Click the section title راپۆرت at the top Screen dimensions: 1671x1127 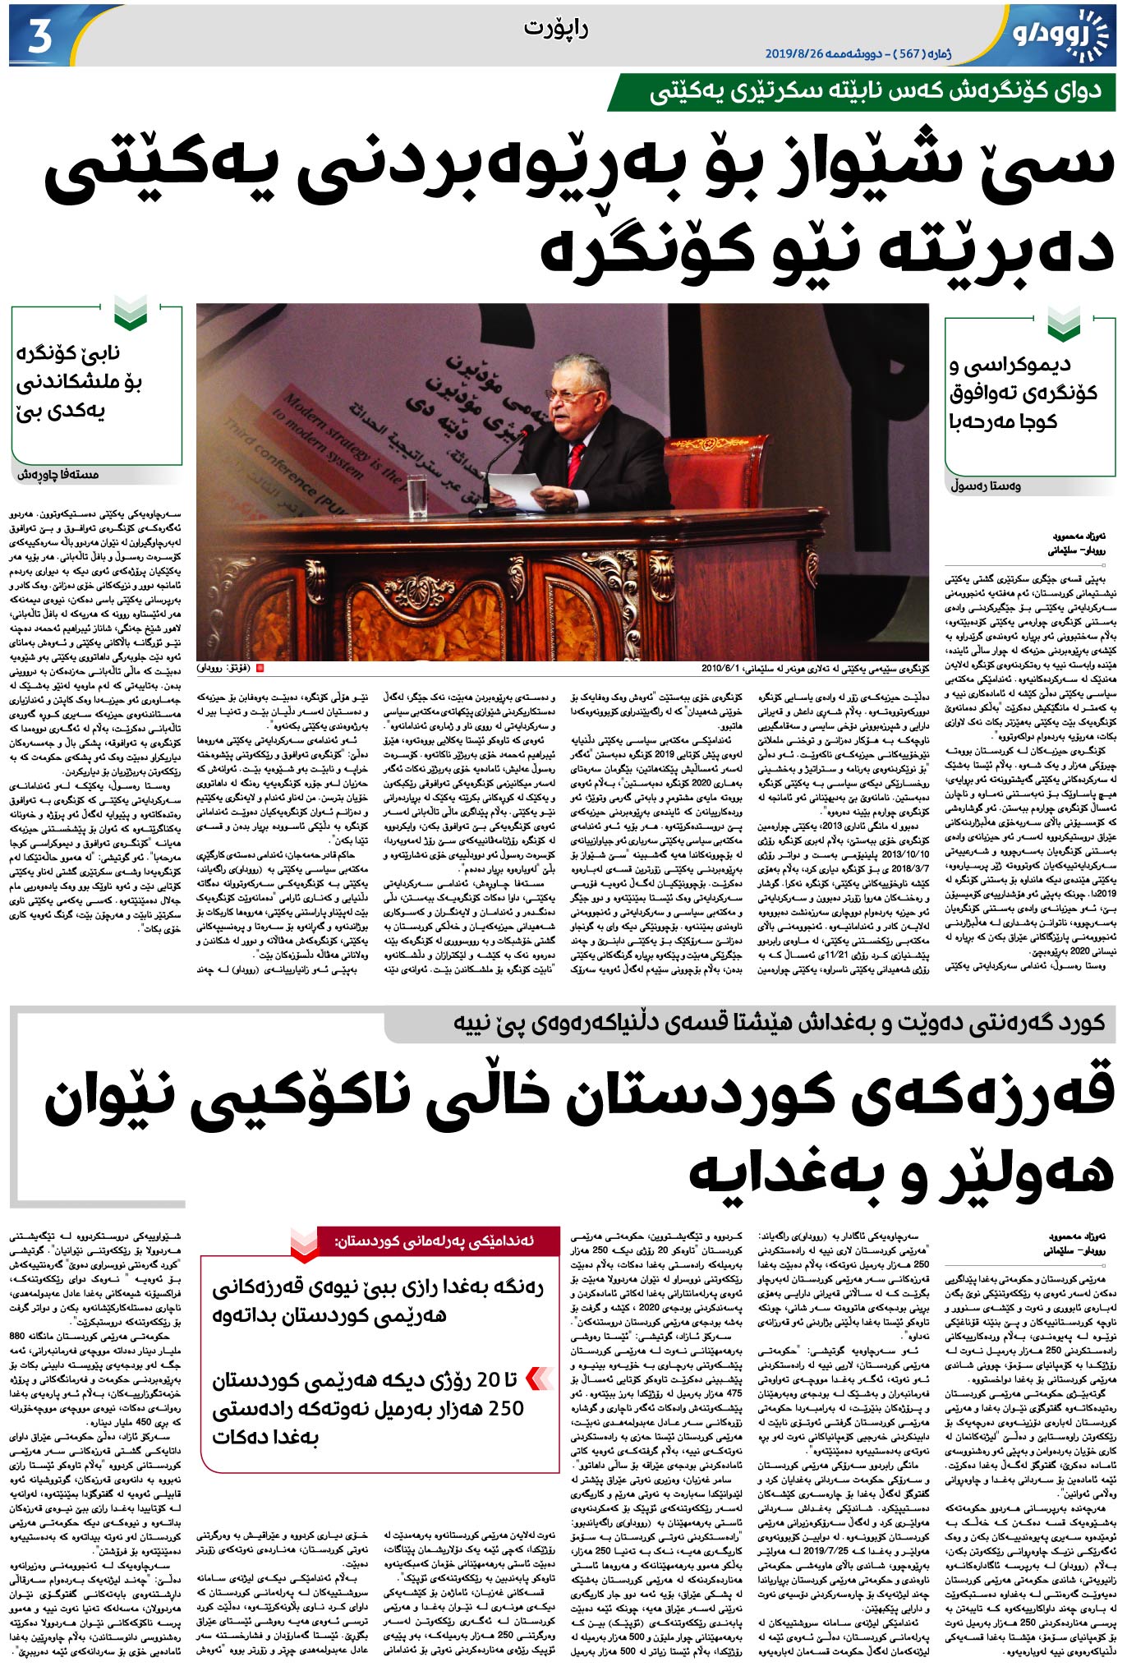(556, 30)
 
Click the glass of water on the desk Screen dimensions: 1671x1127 (417, 496)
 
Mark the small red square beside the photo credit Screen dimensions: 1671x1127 (260, 669)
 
